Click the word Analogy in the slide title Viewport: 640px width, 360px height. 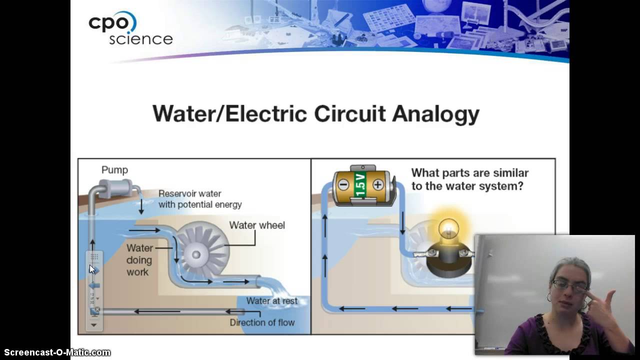pos(435,114)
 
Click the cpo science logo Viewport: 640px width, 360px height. pos(130,29)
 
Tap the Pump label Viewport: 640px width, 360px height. pos(114,170)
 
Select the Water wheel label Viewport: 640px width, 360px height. pos(257,225)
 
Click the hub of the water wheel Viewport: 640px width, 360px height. pos(196,254)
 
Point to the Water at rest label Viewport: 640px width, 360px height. pos(271,301)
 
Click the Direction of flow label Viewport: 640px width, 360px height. pos(262,322)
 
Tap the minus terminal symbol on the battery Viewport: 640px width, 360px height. pos(343,184)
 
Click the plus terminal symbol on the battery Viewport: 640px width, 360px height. pos(377,185)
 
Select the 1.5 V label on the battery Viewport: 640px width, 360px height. pos(360,185)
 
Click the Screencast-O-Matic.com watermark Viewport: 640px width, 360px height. pos(57,352)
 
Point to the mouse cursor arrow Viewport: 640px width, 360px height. pos(92,269)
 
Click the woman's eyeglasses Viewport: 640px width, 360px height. pos(569,286)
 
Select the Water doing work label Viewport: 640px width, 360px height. pos(139,260)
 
